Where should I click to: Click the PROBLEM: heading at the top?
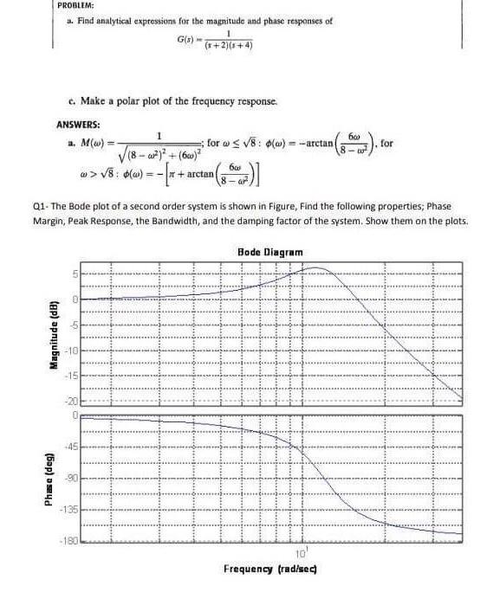coord(75,6)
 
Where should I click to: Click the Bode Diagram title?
coord(269,252)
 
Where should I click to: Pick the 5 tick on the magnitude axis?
coord(75,275)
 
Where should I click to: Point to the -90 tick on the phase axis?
coord(72,479)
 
